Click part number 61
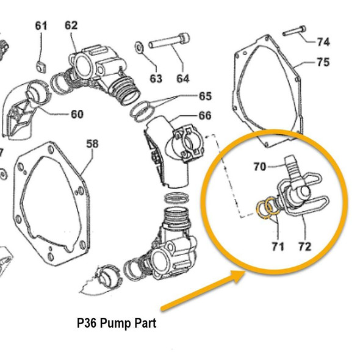41,26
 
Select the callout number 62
71,26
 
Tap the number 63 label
156,78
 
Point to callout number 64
183,78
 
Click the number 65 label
204,96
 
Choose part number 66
204,115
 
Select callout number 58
92,144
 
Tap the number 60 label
77,114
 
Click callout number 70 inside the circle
260,165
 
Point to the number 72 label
304,247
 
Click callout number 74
323,42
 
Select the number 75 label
323,62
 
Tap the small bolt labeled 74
293,31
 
